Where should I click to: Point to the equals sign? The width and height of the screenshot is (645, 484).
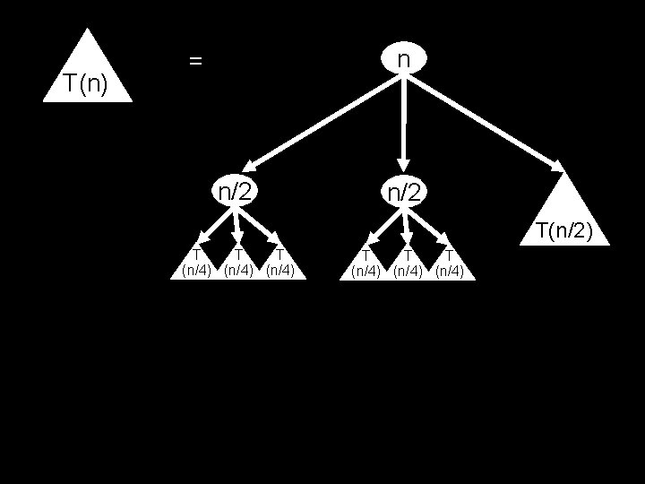(195, 61)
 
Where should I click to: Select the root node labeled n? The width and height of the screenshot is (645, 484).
(404, 58)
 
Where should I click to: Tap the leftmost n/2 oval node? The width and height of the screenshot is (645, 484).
(235, 191)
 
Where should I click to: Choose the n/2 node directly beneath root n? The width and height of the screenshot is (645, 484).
(404, 191)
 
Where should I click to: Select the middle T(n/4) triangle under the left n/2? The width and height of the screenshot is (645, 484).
(238, 265)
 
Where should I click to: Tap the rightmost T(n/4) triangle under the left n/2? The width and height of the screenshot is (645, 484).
(280, 265)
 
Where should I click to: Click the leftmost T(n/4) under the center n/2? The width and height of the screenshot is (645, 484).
(365, 265)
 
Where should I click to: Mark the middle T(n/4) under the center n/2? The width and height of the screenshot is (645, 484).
(408, 265)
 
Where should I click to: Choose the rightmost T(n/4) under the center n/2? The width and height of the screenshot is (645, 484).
(449, 265)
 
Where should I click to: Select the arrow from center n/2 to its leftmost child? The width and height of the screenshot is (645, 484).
(383, 225)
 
